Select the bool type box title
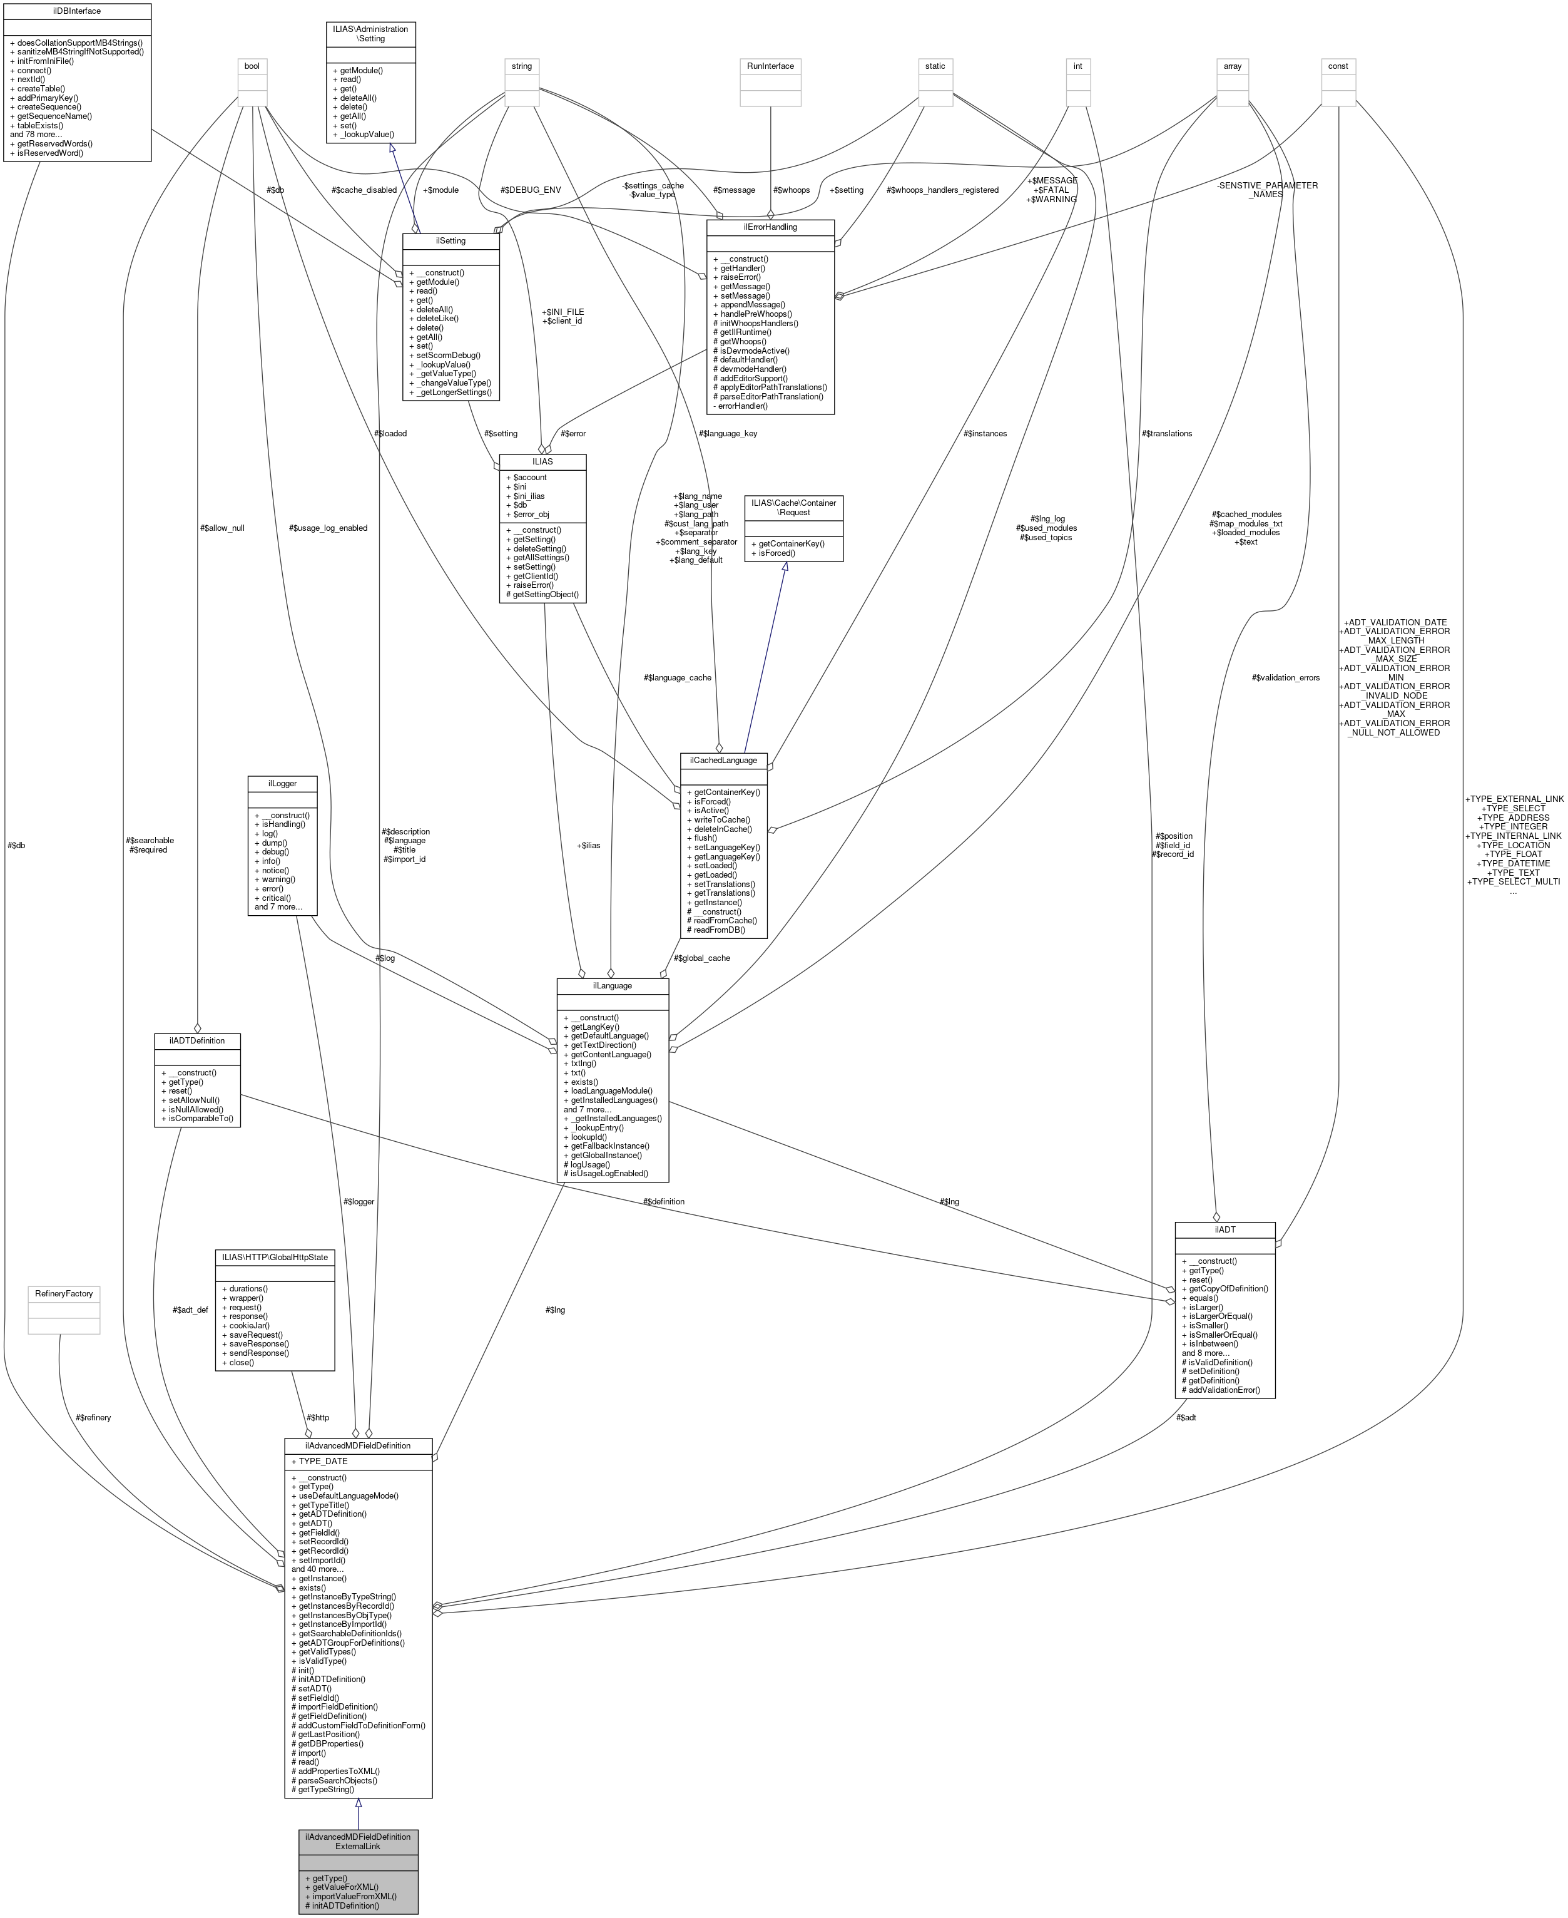252,66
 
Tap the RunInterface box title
770,66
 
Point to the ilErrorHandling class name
770,227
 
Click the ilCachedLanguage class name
723,760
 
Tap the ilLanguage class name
613,986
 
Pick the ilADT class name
1224,1229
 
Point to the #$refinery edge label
94,1417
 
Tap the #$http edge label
317,1417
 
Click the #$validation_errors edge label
1285,677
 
